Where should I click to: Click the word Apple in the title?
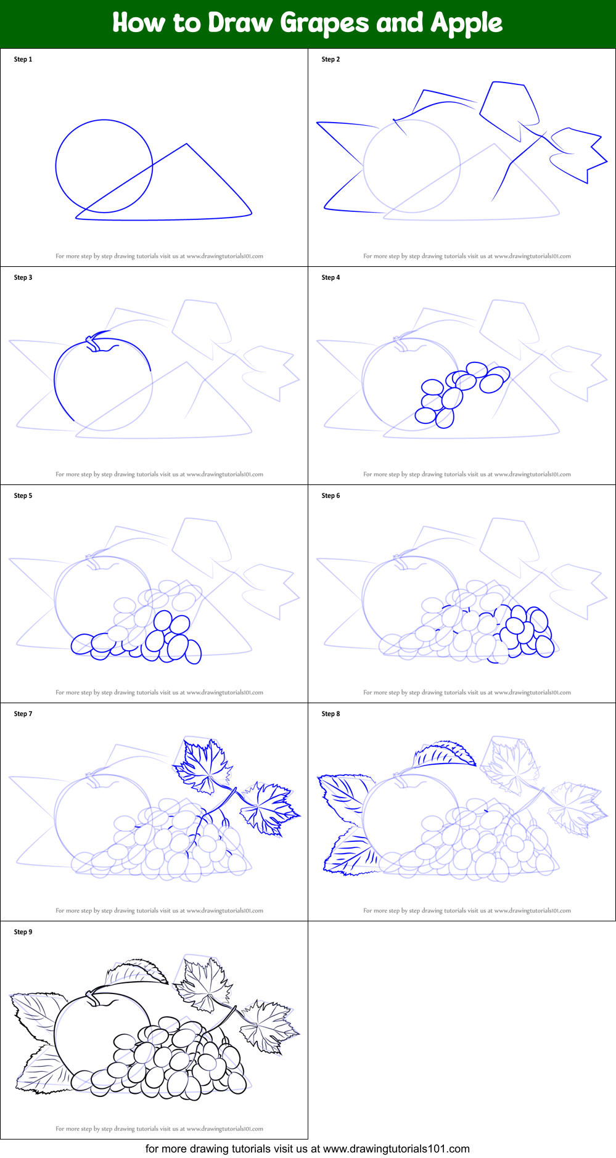click(x=467, y=23)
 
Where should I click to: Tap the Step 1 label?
click(x=23, y=59)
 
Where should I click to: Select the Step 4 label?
click(x=331, y=277)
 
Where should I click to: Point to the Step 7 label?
click(x=23, y=714)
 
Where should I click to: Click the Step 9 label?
click(x=23, y=932)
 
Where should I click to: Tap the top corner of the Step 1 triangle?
click(x=187, y=144)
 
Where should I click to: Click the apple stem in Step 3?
click(x=92, y=342)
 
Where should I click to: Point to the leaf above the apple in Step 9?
click(x=136, y=972)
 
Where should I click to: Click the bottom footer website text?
click(x=308, y=1149)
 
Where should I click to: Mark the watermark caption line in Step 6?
click(x=467, y=692)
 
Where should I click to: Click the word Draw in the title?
click(x=240, y=23)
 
